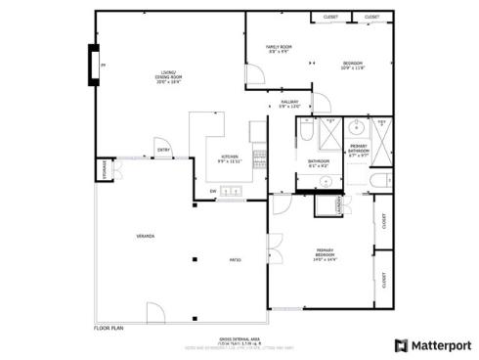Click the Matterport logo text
438,345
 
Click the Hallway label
289,104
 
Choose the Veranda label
144,236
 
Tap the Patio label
235,259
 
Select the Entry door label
163,150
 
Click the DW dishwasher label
213,191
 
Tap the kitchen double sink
234,192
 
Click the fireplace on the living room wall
95,66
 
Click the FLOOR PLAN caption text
108,329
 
